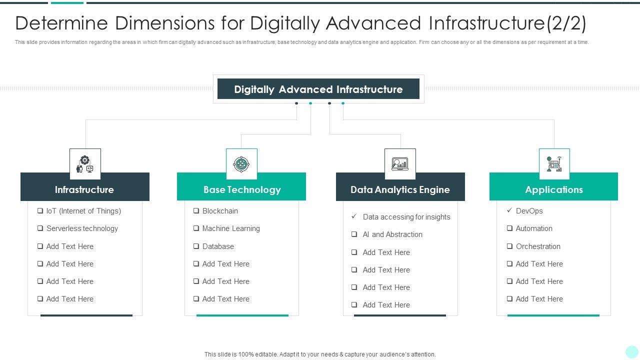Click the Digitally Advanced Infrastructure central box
318,89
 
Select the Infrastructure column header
84,189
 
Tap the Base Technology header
241,189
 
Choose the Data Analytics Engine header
400,189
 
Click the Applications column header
553,189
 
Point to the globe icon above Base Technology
241,164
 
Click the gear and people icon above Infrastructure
85,164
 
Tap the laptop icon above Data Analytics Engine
400,164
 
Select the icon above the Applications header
554,164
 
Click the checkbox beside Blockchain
196,211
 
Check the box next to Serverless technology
40,228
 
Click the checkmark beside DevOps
509,210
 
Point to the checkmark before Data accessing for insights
354,216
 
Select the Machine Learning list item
230,228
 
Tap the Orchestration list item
538,246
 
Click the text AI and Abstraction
392,234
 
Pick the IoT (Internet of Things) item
83,211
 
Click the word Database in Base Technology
218,246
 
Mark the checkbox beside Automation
509,228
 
